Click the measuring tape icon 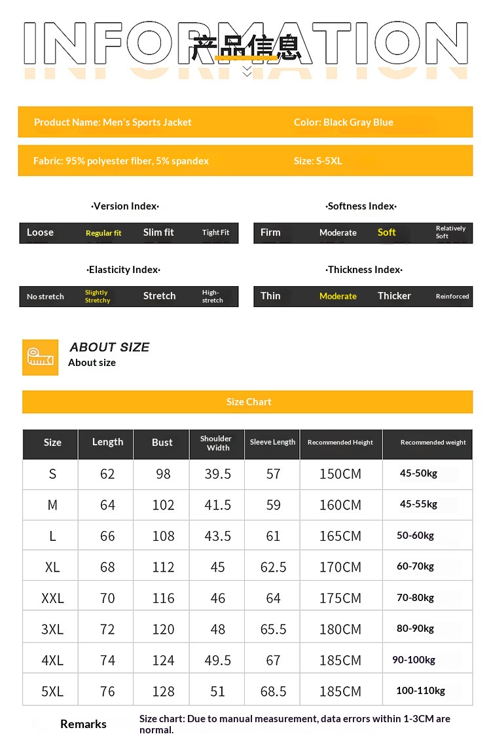click(40, 357)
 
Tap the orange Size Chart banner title click(248, 402)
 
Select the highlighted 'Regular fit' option click(103, 233)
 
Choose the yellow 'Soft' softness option click(386, 232)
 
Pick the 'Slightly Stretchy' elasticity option click(98, 297)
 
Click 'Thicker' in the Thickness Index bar click(394, 296)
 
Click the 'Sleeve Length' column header click(272, 443)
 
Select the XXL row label click(52, 598)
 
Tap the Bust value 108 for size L click(163, 536)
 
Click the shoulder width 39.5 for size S click(217, 474)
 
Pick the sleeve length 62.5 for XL click(273, 567)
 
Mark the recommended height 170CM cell click(340, 567)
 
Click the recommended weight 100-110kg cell click(420, 691)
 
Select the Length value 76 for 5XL click(107, 691)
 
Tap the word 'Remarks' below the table click(83, 724)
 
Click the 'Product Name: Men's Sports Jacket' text click(113, 122)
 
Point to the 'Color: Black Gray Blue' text click(343, 122)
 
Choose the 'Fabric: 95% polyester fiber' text click(121, 161)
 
